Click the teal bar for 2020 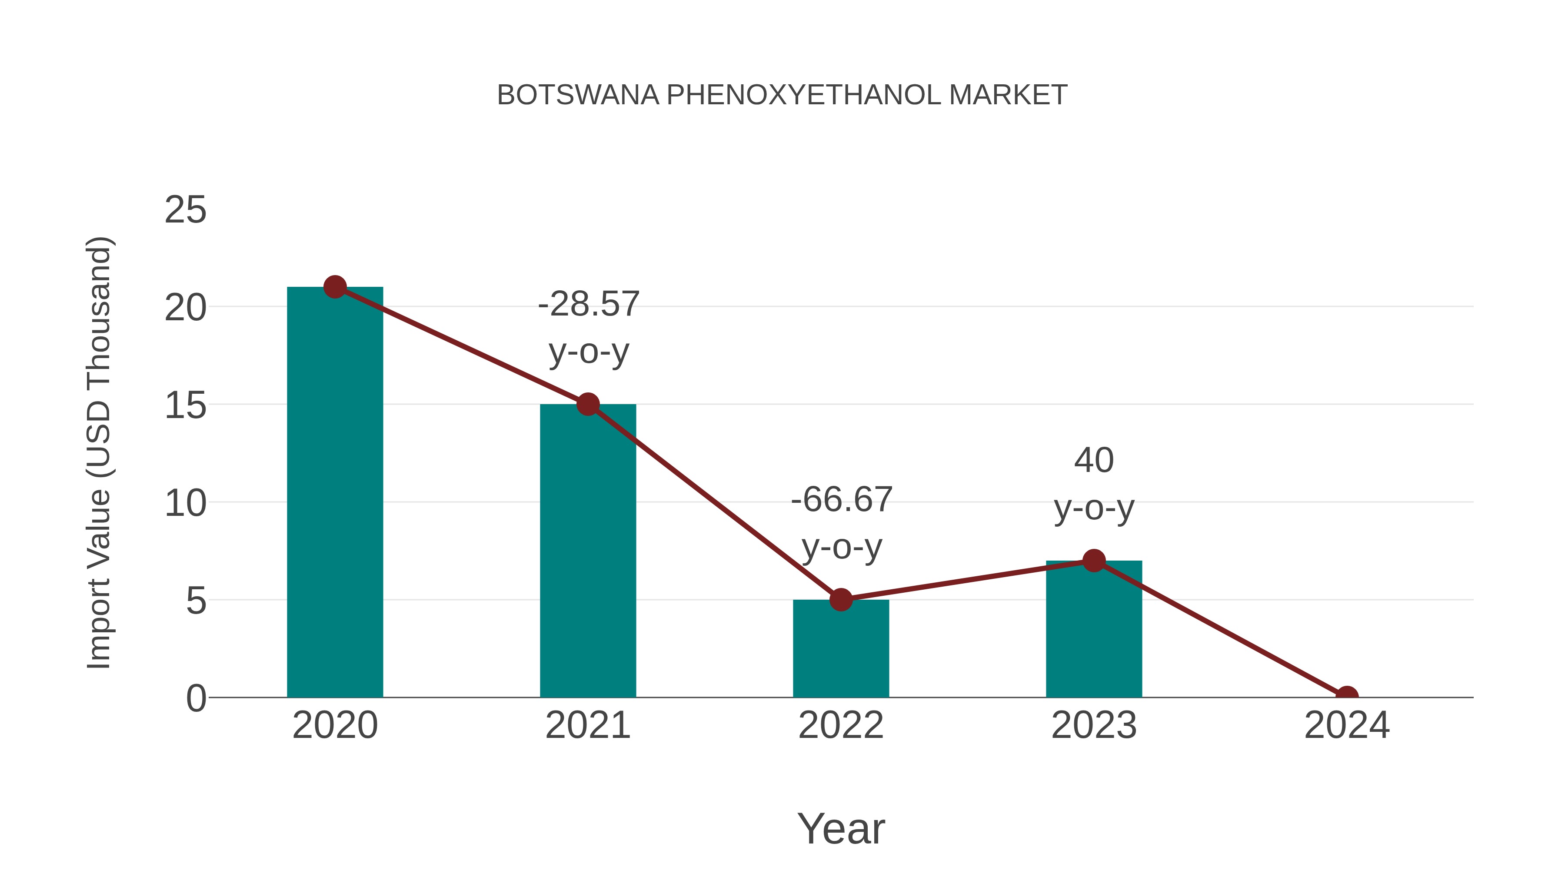tap(335, 492)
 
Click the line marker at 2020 tap(335, 287)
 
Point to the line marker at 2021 tap(587, 404)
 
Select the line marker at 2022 tap(841, 599)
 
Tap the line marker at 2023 tap(1094, 561)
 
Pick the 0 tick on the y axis tap(196, 698)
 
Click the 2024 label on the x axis tap(1347, 725)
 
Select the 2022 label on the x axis tap(841, 725)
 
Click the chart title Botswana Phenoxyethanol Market tap(782, 95)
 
